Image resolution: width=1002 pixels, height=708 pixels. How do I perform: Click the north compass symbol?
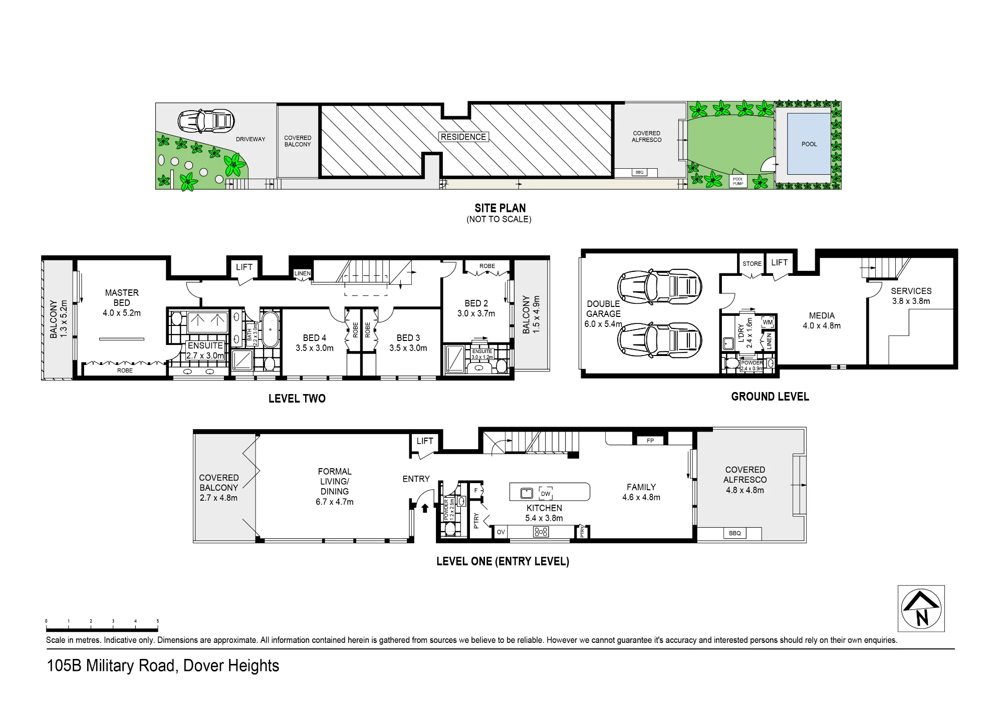tap(921, 608)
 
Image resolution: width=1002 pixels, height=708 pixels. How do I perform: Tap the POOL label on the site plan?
tap(809, 144)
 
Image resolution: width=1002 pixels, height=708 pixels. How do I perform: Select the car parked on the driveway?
tap(206, 120)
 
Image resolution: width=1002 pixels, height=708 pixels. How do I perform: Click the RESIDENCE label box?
tap(463, 137)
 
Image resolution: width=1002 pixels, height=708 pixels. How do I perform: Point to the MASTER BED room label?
tap(122, 298)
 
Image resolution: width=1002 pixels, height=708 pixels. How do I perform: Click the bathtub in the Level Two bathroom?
tap(271, 329)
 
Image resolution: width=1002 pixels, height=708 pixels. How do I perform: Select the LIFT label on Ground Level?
tap(780, 262)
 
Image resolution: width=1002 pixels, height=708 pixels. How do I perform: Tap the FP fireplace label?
tap(650, 441)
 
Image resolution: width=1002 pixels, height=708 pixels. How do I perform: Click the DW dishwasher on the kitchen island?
tap(546, 493)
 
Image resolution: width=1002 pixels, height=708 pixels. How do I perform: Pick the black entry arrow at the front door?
tap(425, 508)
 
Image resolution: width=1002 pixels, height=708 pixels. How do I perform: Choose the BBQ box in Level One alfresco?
tap(735, 533)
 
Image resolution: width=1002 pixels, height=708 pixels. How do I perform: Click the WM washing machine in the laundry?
tap(768, 322)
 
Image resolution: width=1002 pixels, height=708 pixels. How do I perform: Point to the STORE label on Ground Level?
tap(752, 263)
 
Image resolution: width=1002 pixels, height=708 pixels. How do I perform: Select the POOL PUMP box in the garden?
tap(738, 181)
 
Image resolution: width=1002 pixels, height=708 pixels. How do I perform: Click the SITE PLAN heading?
tap(500, 208)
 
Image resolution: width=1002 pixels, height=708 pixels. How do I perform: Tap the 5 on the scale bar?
tap(157, 621)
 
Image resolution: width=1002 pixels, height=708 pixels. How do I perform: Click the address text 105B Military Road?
tap(111, 666)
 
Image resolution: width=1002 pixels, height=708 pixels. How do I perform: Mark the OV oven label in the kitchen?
tap(501, 532)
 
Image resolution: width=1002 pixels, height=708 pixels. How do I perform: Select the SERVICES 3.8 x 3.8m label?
tap(911, 296)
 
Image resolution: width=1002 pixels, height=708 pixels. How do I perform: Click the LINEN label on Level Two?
tap(302, 273)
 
